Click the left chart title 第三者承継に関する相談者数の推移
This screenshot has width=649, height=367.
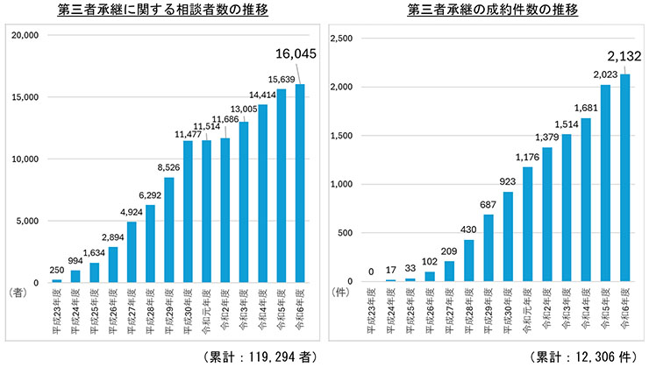(x=161, y=11)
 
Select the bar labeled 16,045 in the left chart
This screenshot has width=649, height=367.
(x=300, y=183)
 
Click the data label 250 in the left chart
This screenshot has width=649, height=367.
(x=56, y=269)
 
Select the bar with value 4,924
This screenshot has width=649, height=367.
(x=131, y=251)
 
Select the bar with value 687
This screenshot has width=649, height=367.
(x=487, y=248)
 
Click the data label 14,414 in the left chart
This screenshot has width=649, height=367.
(x=263, y=94)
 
